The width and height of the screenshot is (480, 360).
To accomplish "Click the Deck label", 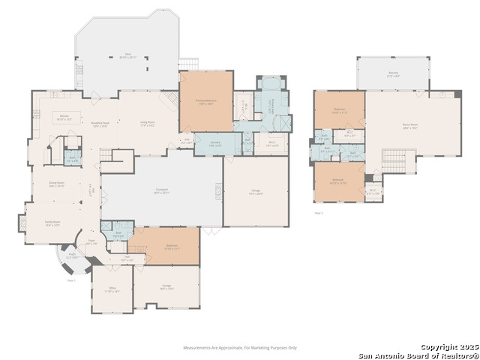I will coord(127,56).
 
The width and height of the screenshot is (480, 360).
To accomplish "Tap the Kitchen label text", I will coord(64,117).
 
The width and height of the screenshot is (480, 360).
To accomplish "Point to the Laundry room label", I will coord(213,144).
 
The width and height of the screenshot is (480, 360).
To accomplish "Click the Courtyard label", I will coord(161,192).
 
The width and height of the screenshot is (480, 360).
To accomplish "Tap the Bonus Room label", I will coord(409,127).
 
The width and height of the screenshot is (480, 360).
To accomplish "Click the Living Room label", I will coord(146,124).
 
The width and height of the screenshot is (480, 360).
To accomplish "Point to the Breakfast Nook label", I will coord(100,124).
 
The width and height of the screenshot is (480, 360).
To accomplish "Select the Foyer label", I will coord(91,242).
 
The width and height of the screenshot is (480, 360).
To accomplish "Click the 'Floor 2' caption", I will coord(319,213).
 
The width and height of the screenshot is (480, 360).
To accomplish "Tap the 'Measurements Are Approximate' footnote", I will coord(241,347).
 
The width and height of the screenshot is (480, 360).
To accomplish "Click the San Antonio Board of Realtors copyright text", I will coord(418,355).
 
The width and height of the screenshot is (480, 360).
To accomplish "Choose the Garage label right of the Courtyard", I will coord(256,192).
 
